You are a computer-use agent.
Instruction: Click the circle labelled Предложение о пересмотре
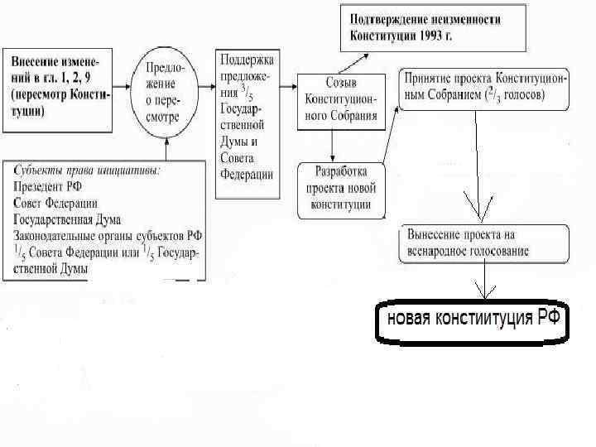pyautogui.click(x=166, y=89)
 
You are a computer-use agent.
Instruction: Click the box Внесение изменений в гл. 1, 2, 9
pyautogui.click(x=58, y=87)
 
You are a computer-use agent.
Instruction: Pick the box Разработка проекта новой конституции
pyautogui.click(x=341, y=190)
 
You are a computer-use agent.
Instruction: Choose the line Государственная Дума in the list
pyautogui.click(x=67, y=219)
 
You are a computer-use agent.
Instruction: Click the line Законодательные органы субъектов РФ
pyautogui.click(x=108, y=236)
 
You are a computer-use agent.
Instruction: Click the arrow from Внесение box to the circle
pyautogui.click(x=123, y=85)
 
